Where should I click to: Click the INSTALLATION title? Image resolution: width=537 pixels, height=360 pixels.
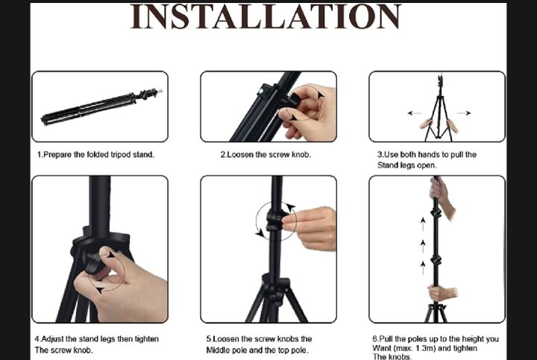pyautogui.click(x=266, y=16)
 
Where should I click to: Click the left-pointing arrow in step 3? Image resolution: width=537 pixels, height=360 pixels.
pyautogui.click(x=415, y=113)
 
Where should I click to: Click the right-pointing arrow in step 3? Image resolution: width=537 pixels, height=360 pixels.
pyautogui.click(x=464, y=113)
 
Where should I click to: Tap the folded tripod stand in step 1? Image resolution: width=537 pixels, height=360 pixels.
pyautogui.click(x=101, y=107)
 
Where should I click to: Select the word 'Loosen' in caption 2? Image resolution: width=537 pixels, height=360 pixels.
pyautogui.click(x=240, y=155)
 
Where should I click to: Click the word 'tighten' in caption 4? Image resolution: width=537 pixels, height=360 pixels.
pyautogui.click(x=147, y=339)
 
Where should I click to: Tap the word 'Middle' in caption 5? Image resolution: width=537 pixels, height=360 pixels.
pyautogui.click(x=218, y=350)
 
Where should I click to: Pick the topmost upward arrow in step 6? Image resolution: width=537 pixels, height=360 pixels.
pyautogui.click(x=423, y=224)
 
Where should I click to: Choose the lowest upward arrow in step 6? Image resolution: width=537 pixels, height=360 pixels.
pyautogui.click(x=423, y=268)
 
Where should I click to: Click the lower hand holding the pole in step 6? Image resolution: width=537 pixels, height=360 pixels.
pyautogui.click(x=442, y=293)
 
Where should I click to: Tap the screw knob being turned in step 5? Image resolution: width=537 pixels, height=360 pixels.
pyautogui.click(x=275, y=221)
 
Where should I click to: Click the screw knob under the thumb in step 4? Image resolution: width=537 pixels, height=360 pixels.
pyautogui.click(x=93, y=263)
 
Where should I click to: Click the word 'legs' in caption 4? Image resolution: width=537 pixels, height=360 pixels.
pyautogui.click(x=108, y=339)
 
